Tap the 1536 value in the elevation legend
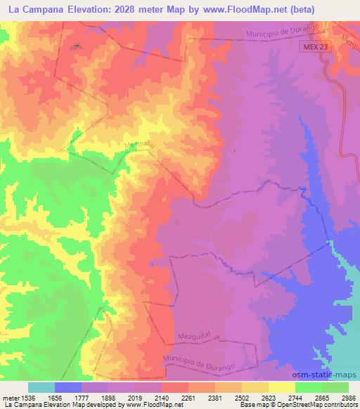pyautogui.click(x=30, y=397)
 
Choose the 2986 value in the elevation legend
pyautogui.click(x=348, y=397)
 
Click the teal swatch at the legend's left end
pyautogui.click(x=41, y=387)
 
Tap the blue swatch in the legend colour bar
pyautogui.click(x=68, y=387)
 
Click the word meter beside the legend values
pyautogui.click(x=10, y=397)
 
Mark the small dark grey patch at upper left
pyautogui.click(x=77, y=46)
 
